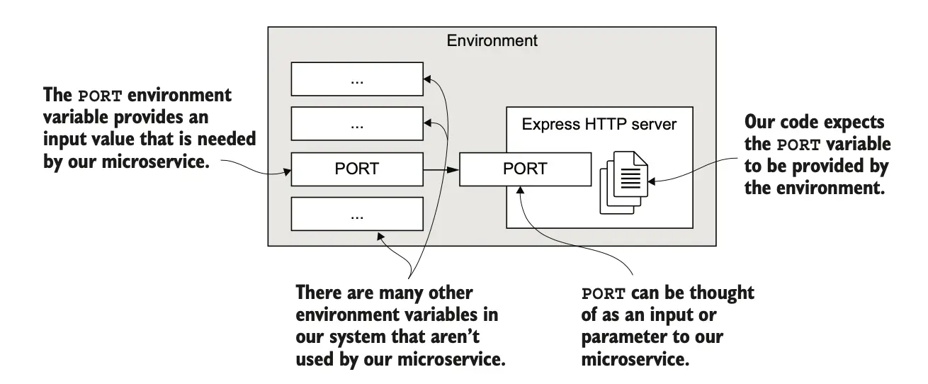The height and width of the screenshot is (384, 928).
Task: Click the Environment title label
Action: [492, 41]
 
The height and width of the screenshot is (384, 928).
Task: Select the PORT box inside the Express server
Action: [525, 169]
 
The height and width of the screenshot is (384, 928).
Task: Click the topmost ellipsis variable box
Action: [356, 80]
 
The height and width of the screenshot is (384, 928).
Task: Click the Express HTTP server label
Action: [599, 125]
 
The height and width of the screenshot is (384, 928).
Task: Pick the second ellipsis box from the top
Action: [356, 125]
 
